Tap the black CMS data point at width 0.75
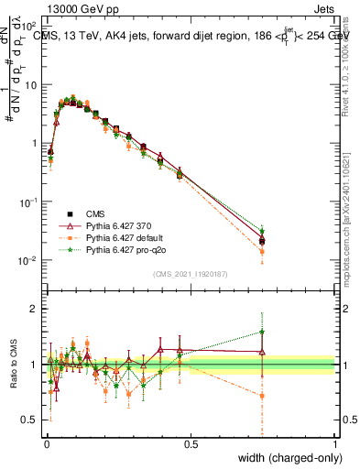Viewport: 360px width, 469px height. tap(262, 241)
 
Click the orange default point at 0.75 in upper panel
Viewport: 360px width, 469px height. tap(262, 250)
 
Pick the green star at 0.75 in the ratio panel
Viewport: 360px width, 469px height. tap(262, 332)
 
